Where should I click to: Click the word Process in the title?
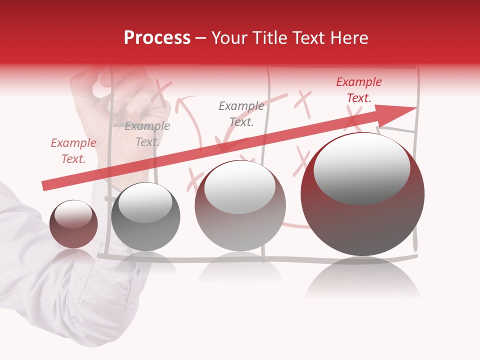(x=157, y=38)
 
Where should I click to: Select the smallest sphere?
(x=73, y=224)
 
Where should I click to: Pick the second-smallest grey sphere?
(x=145, y=216)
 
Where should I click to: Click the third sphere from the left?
(x=240, y=205)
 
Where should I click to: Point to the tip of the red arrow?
(x=415, y=108)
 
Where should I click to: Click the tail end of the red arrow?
(x=44, y=186)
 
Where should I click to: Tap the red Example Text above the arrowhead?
(x=358, y=90)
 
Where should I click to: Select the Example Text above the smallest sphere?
(x=73, y=151)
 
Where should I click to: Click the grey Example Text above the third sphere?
(x=241, y=113)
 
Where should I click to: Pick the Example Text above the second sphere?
(x=147, y=134)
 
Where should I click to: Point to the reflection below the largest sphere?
(x=362, y=280)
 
